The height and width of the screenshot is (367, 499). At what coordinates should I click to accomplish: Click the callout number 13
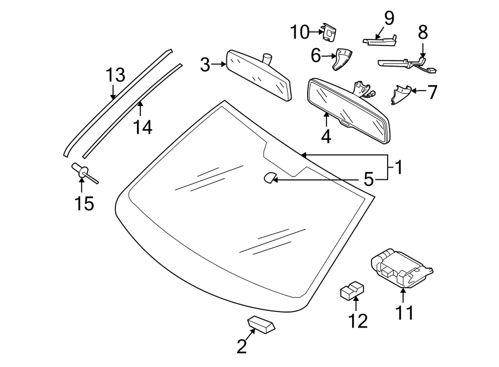pyautogui.click(x=116, y=75)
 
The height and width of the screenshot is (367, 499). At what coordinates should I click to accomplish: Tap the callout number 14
pyautogui.click(x=142, y=127)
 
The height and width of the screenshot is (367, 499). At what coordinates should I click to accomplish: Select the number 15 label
pyautogui.click(x=84, y=204)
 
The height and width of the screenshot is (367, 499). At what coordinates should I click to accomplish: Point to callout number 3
pyautogui.click(x=205, y=65)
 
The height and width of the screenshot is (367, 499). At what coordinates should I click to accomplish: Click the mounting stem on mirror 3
pyautogui.click(x=268, y=58)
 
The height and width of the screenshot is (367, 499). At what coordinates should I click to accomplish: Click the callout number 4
pyautogui.click(x=326, y=135)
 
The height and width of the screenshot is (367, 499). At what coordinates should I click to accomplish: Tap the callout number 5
pyautogui.click(x=368, y=179)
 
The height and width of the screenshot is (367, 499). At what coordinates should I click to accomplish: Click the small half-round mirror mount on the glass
pyautogui.click(x=269, y=178)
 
